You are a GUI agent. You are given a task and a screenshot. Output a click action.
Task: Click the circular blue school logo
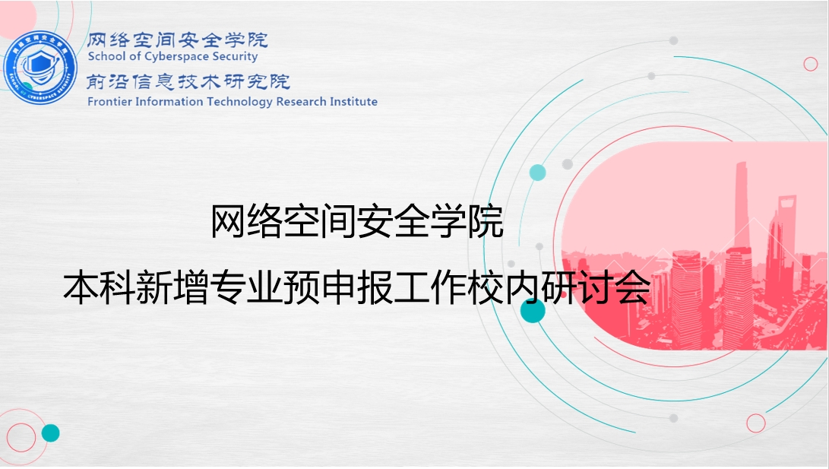pyautogui.click(x=40, y=68)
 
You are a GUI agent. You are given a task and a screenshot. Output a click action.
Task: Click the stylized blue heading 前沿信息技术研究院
pyautogui.click(x=188, y=81)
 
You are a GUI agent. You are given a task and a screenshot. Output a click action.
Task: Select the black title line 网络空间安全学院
pyautogui.click(x=357, y=220)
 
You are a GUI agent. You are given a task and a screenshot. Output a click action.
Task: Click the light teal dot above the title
pyautogui.click(x=538, y=173)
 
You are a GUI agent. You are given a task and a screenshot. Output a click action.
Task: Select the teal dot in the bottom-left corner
pyautogui.click(x=51, y=433)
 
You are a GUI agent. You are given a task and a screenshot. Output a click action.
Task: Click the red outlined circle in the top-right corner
pyautogui.click(x=811, y=64)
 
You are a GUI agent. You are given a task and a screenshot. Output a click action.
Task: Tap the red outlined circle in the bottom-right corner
pyautogui.click(x=756, y=423)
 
